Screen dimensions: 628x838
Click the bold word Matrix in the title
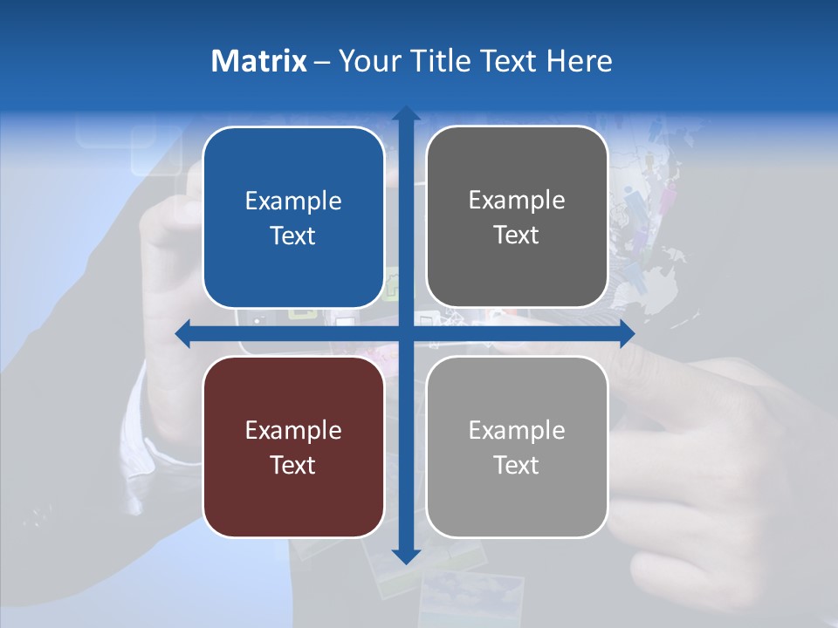click(258, 61)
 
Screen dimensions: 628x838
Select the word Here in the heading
click(579, 61)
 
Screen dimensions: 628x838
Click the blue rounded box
click(293, 217)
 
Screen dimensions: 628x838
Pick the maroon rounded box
click(293, 447)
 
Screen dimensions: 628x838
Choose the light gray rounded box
click(517, 447)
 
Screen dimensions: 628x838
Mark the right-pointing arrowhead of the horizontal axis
click(627, 333)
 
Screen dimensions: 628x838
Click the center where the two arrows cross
click(405, 333)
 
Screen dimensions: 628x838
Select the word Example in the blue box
click(293, 201)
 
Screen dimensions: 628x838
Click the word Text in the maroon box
click(293, 465)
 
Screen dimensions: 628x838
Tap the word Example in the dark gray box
click(517, 201)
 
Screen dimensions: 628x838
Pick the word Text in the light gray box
click(517, 465)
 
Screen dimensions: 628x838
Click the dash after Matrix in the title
click(322, 62)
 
